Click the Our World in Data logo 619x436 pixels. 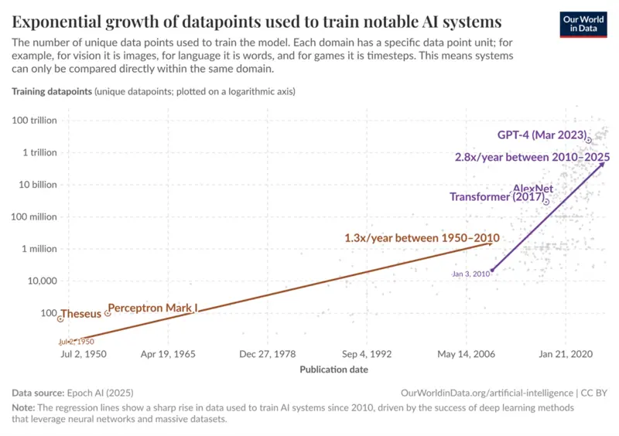click(x=583, y=23)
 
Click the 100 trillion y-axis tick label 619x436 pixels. click(x=35, y=120)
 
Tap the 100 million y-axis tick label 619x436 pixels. click(x=35, y=216)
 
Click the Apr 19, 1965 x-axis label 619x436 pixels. click(x=168, y=354)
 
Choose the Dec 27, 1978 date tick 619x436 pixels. click(x=268, y=354)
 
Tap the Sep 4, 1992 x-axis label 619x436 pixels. click(x=367, y=354)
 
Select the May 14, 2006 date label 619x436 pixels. click(x=466, y=354)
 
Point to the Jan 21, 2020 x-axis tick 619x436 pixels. click(x=566, y=354)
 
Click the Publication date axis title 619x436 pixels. click(x=333, y=369)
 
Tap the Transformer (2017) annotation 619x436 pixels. click(x=495, y=197)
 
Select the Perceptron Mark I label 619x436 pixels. click(x=152, y=308)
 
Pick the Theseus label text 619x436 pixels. click(x=80, y=314)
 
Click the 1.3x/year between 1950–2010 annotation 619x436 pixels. click(x=422, y=239)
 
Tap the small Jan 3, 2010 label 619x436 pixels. click(x=470, y=274)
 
